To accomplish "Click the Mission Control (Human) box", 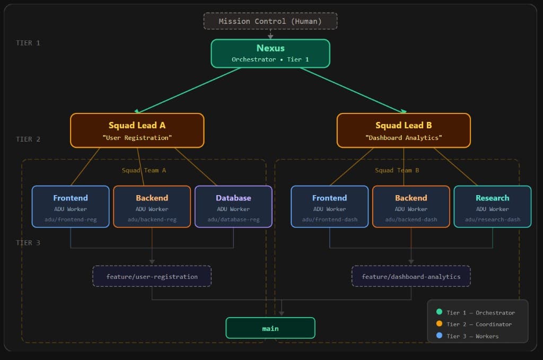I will pyautogui.click(x=270, y=21).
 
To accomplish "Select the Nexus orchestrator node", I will pyautogui.click(x=270, y=54).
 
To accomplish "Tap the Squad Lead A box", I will pyautogui.click(x=137, y=130).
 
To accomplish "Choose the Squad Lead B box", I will pyautogui.click(x=404, y=130).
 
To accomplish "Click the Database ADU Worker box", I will pyautogui.click(x=233, y=206).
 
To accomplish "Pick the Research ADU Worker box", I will pyautogui.click(x=492, y=206).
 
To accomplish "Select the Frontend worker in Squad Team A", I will pyautogui.click(x=71, y=206).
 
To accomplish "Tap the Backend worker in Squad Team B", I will pyautogui.click(x=411, y=206).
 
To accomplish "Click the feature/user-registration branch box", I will pyautogui.click(x=152, y=276).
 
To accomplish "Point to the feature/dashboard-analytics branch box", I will pyautogui.click(x=411, y=276).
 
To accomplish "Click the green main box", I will pyautogui.click(x=270, y=328).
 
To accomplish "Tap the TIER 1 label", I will pyautogui.click(x=28, y=43).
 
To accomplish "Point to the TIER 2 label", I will pyautogui.click(x=28, y=139).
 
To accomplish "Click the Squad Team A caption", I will pyautogui.click(x=144, y=170).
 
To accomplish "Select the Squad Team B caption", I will pyautogui.click(x=397, y=170).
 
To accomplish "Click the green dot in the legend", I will pyautogui.click(x=439, y=312).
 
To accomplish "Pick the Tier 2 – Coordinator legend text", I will pyautogui.click(x=479, y=324).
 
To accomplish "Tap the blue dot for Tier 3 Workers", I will pyautogui.click(x=439, y=336).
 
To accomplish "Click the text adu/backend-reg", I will pyautogui.click(x=152, y=219).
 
